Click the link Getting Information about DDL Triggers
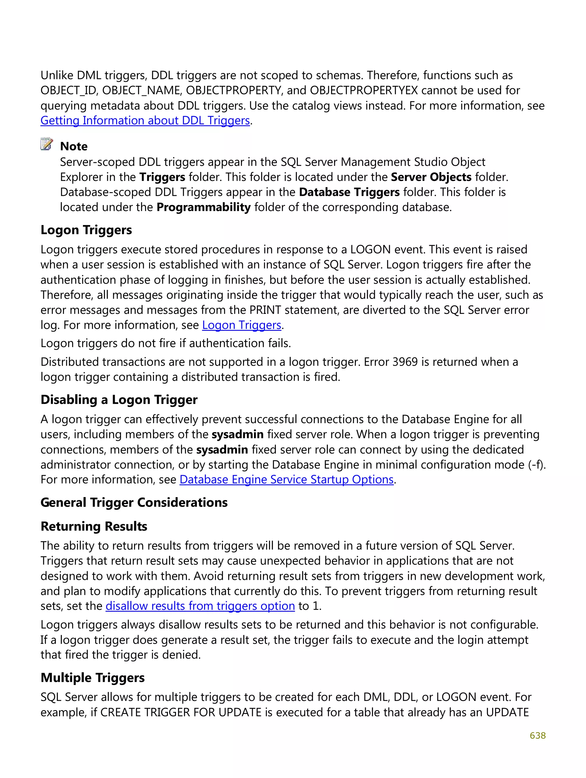click(145, 121)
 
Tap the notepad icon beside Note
click(46, 144)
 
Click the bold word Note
click(74, 146)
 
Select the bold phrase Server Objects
click(431, 177)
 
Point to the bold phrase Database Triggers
click(349, 192)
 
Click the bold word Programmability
click(203, 207)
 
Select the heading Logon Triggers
click(86, 230)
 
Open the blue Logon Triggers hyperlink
click(241, 325)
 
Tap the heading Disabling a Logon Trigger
click(119, 400)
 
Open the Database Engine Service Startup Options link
click(286, 480)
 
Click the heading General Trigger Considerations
click(134, 503)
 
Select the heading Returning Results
click(94, 527)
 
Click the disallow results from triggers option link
click(200, 606)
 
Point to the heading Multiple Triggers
click(92, 678)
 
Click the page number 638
click(537, 735)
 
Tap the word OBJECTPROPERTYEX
click(364, 90)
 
